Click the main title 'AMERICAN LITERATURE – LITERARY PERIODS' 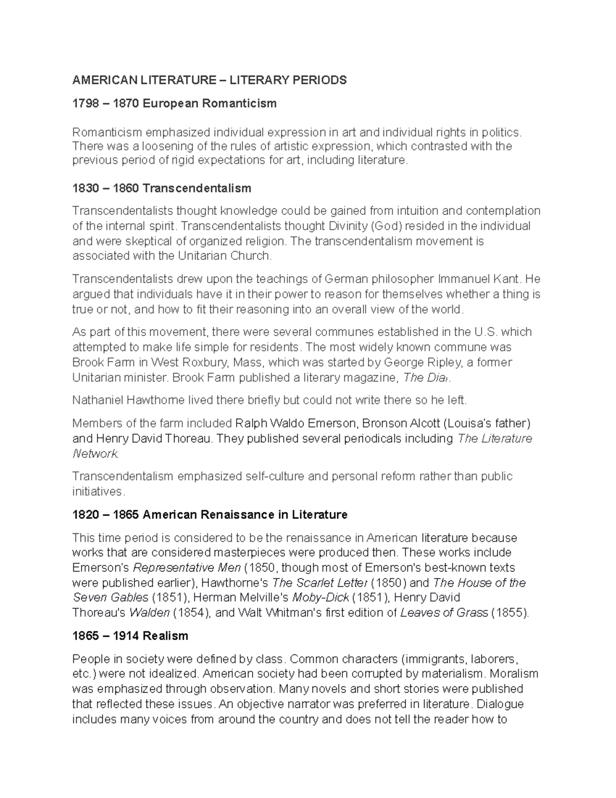(x=209, y=80)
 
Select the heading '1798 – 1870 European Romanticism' (x=175, y=104)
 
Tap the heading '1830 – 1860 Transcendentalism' (x=162, y=189)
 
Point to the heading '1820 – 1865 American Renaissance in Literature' (x=210, y=515)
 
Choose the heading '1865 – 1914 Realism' (x=130, y=636)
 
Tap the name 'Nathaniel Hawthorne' (x=129, y=400)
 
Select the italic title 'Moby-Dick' (x=320, y=598)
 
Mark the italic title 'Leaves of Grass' (x=444, y=613)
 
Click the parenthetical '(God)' (x=387, y=226)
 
